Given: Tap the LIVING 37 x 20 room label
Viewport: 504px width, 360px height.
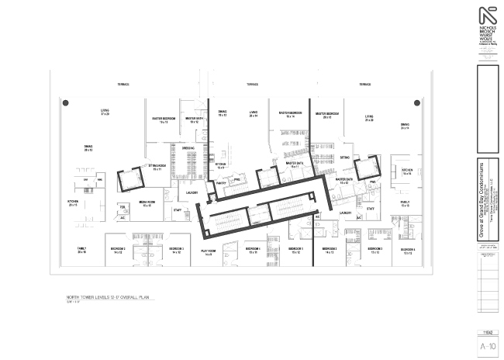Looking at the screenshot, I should coord(105,112).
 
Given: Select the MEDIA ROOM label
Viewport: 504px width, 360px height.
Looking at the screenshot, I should coord(147,202).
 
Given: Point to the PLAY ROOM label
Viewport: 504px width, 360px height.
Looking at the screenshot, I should coord(208,251).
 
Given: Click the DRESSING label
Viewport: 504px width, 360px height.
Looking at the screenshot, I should coord(188,147).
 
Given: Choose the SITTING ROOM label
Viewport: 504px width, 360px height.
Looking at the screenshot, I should coord(161,168).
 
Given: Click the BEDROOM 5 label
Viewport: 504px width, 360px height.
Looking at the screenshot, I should coord(175,250).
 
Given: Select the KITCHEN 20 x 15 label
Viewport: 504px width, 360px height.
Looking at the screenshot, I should coord(74,204).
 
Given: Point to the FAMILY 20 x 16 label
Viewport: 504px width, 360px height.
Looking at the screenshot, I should coord(81,251).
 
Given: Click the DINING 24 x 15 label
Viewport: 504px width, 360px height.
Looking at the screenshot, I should coord(405,126).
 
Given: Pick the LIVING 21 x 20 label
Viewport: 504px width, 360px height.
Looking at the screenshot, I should coord(369,119).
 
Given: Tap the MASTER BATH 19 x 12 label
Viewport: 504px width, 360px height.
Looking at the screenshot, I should coord(194,120).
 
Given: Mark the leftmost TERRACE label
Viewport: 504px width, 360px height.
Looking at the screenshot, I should coord(123,84).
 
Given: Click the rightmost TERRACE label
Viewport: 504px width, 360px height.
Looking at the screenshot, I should coord(364,84).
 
